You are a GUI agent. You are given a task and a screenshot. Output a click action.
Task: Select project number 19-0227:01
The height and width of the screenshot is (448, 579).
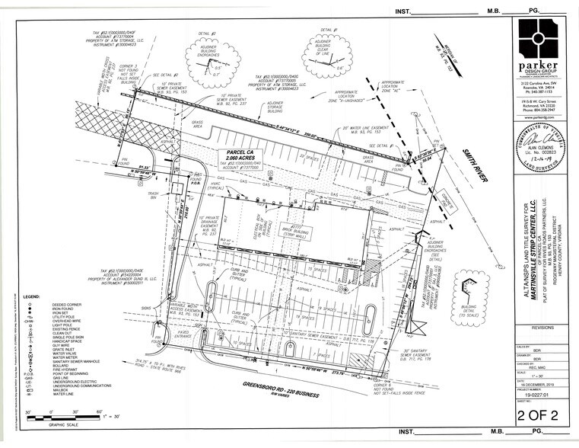pos(541,395)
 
